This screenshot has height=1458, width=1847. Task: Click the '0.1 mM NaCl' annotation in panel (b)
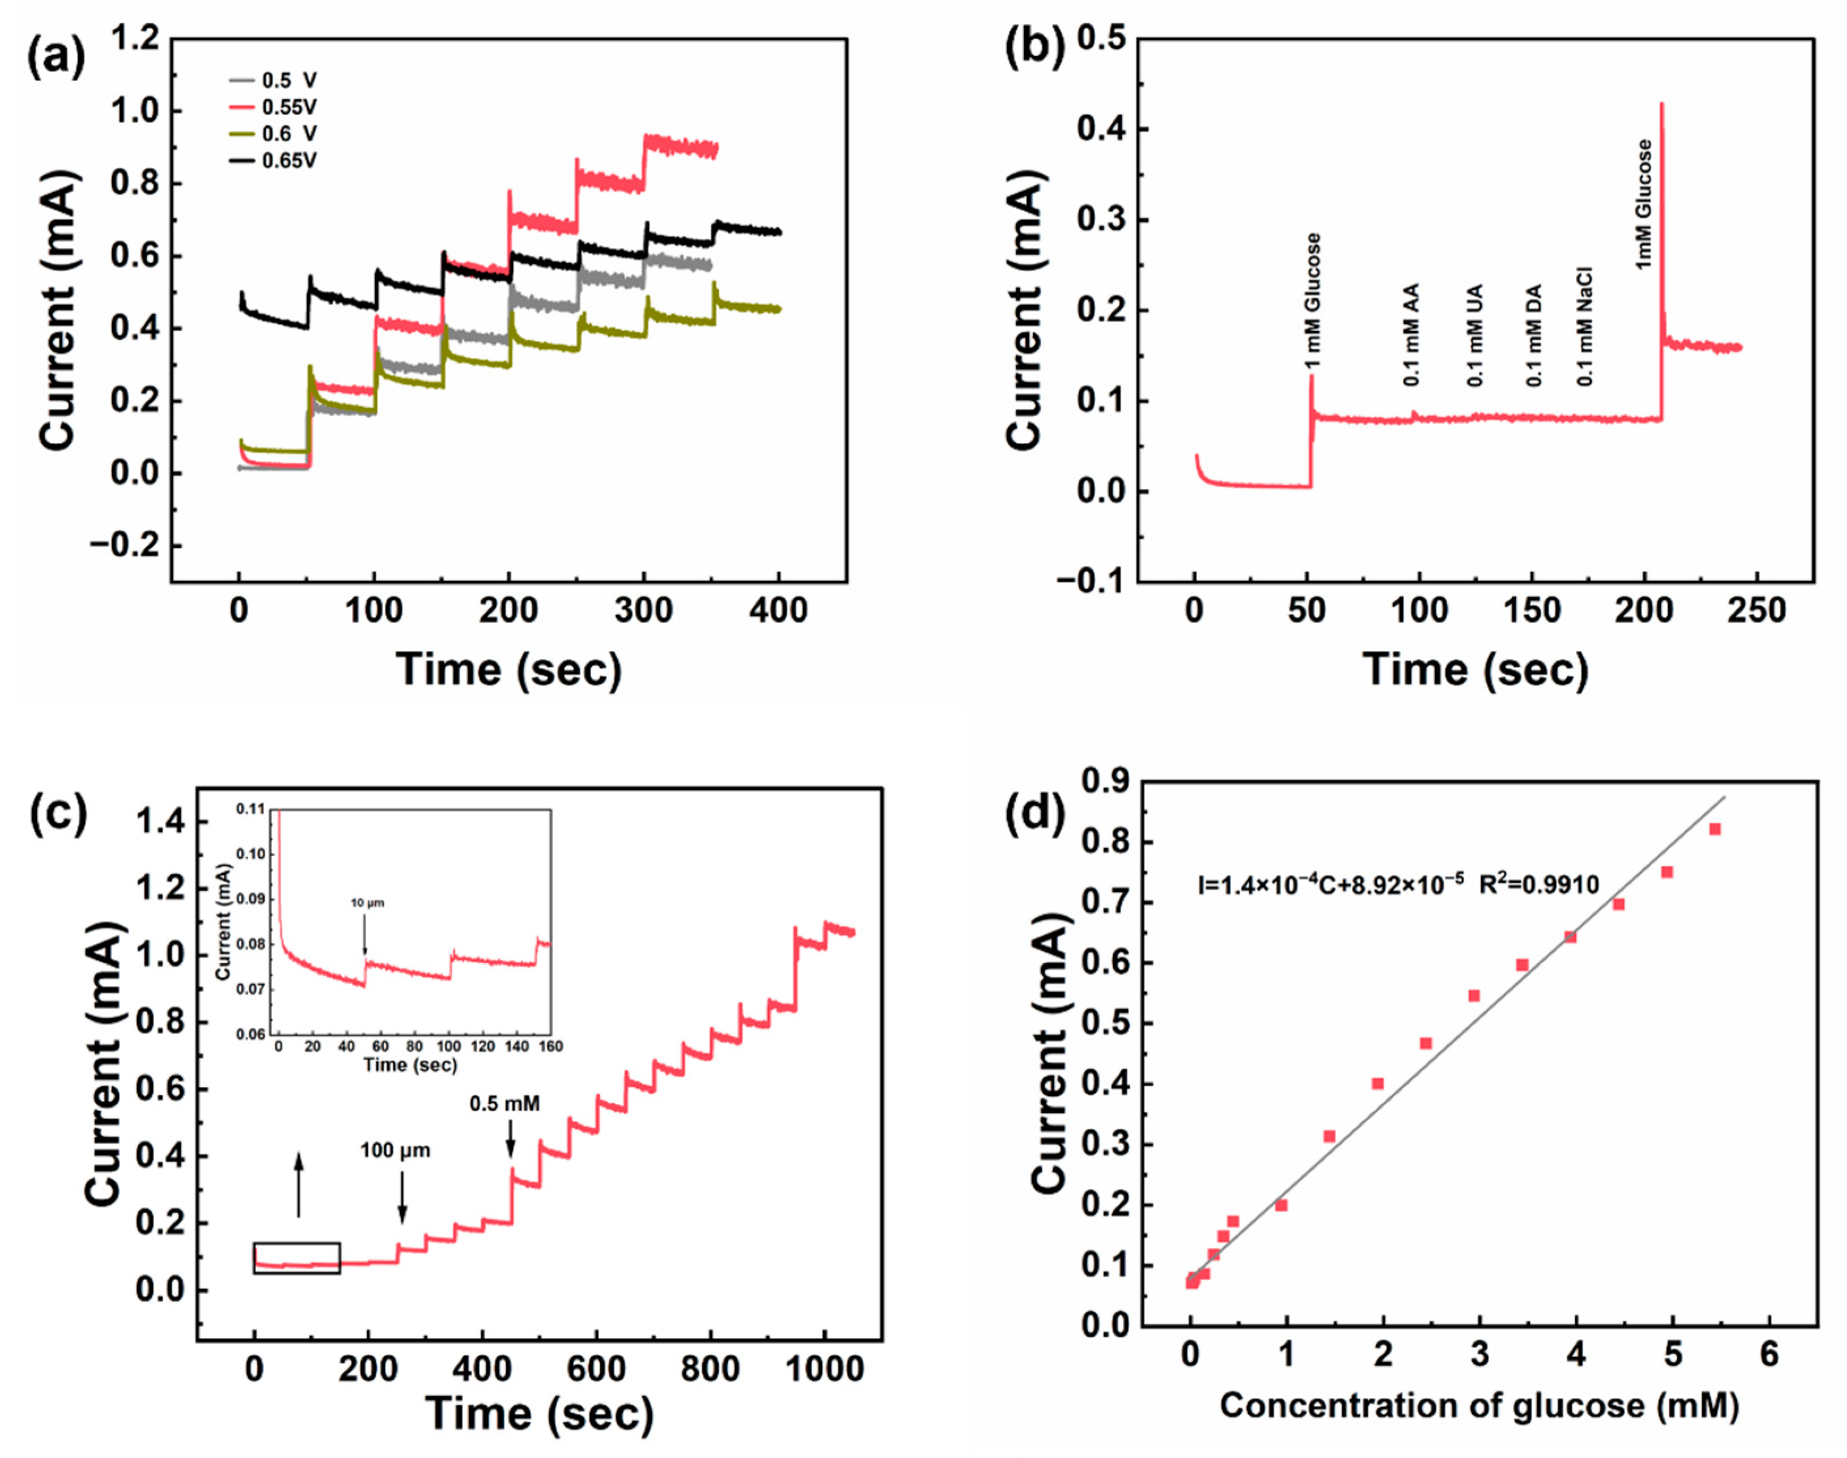1584,327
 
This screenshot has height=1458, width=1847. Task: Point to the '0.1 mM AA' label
1411,335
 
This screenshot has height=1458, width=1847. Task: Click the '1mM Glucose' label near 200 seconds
1644,205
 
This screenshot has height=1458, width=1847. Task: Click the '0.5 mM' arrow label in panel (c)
504,1104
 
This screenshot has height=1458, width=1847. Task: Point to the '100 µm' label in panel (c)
395,1151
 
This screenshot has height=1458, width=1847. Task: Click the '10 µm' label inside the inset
368,903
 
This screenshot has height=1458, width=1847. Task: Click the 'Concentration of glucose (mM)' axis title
1479,1406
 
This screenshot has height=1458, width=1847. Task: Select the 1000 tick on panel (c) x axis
824,1369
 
